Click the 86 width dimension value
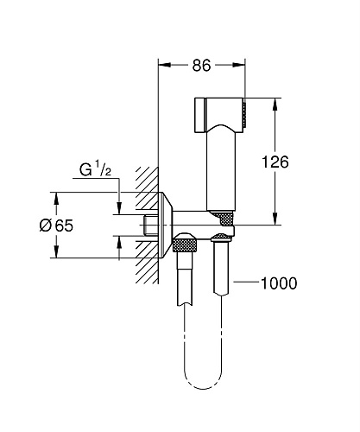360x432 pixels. click(201, 66)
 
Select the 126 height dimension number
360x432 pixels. click(275, 162)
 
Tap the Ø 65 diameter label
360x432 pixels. click(56, 226)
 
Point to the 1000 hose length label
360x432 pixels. click(279, 283)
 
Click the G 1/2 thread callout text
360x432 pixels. click(95, 169)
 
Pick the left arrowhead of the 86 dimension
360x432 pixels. click(165, 65)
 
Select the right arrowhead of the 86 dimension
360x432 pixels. click(238, 65)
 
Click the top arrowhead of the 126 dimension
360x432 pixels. click(275, 105)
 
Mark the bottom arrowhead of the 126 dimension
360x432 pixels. click(275, 219)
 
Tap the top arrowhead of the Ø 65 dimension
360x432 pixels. click(56, 199)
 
